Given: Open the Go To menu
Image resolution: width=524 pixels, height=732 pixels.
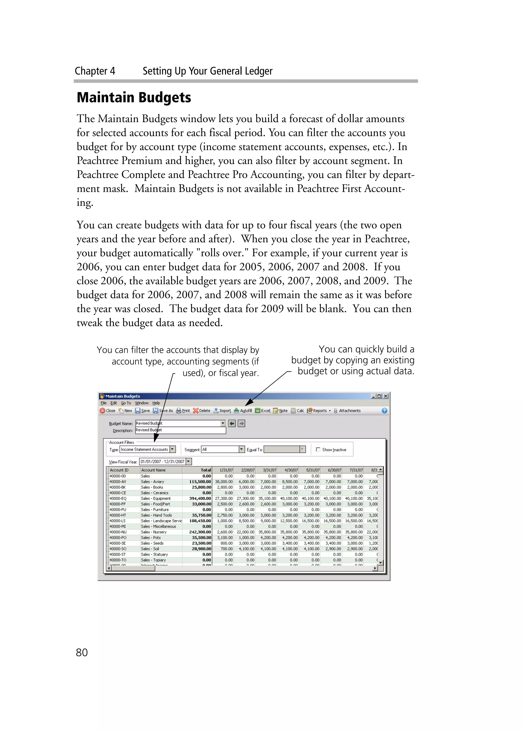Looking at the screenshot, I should coord(126,403).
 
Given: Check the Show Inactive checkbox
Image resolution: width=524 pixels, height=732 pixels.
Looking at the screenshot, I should coord(318,449).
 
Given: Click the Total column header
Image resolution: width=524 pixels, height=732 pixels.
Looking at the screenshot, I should coord(205,470).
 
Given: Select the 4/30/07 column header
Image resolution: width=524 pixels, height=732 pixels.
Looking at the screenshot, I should coord(291,470).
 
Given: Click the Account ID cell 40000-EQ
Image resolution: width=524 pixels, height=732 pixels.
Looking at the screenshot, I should coord(118,498).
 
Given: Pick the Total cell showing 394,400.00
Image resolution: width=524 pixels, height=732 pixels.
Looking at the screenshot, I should coord(200,498).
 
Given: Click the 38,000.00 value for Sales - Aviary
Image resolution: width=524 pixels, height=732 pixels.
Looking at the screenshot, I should coord(224,482).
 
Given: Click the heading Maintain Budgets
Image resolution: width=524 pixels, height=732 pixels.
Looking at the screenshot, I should coord(134,98).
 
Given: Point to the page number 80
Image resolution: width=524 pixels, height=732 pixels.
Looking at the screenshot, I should coord(82,652).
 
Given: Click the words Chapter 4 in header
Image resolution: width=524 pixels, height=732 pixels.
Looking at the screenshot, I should coord(95,71).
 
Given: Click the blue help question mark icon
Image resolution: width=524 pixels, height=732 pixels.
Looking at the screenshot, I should coord(384,410).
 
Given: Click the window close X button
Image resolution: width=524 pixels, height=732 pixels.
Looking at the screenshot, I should coord(386,396).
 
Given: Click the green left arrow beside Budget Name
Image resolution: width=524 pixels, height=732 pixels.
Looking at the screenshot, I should coord(232,423).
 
